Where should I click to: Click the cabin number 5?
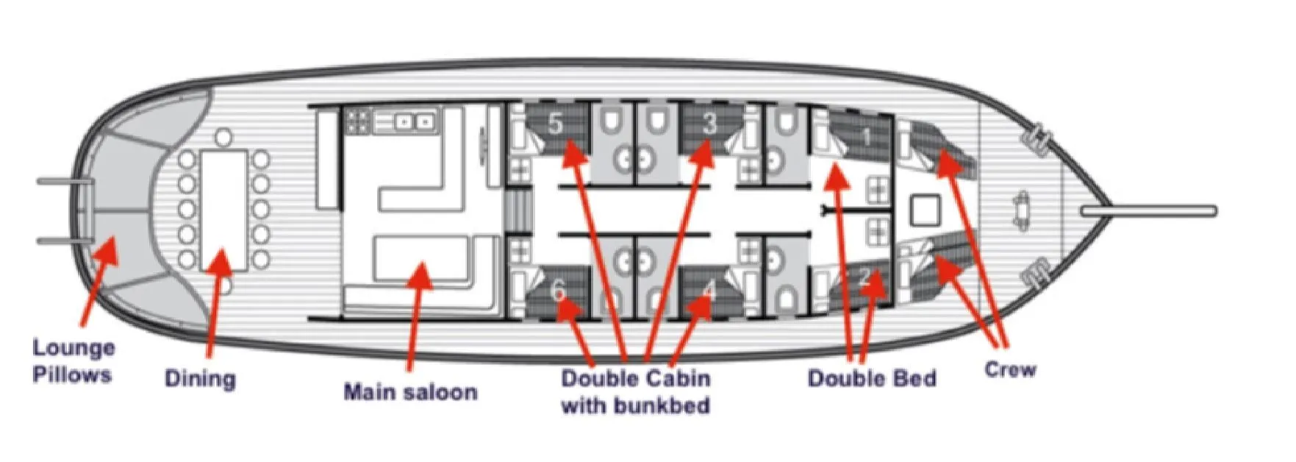click(x=556, y=123)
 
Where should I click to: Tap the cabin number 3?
click(x=709, y=123)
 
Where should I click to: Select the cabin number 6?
click(x=559, y=292)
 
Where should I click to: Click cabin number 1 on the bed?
click(x=867, y=136)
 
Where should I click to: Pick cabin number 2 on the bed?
click(x=865, y=277)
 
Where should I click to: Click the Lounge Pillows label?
click(x=74, y=360)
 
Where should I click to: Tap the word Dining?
click(x=200, y=379)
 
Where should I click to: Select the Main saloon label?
click(x=410, y=391)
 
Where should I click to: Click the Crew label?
click(x=1010, y=369)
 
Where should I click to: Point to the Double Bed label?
click(x=872, y=378)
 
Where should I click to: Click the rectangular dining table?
click(x=224, y=210)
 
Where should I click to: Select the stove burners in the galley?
click(x=358, y=121)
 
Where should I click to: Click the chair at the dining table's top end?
click(x=224, y=137)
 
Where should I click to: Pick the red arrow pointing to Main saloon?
click(x=416, y=316)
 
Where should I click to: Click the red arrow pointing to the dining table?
click(x=215, y=302)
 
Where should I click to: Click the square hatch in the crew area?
click(x=926, y=210)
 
